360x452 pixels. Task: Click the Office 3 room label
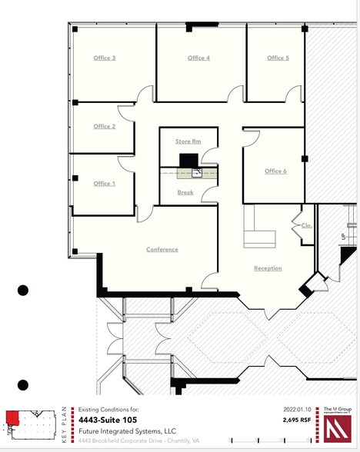click(105, 58)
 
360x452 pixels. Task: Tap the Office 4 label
click(198, 58)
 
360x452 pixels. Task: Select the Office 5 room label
click(278, 58)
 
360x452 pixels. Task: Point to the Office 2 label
click(105, 126)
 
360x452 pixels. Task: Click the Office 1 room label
click(105, 184)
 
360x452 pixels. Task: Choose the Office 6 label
click(275, 171)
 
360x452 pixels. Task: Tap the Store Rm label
click(188, 141)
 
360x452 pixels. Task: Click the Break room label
click(185, 192)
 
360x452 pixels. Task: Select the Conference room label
click(162, 249)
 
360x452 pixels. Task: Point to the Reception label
click(268, 268)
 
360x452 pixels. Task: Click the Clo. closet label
click(305, 226)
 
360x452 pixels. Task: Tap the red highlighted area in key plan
click(12, 417)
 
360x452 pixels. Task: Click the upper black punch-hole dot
click(23, 290)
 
